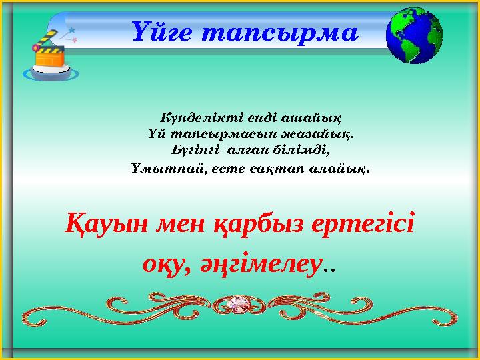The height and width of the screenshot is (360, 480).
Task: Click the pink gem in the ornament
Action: [238, 305]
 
